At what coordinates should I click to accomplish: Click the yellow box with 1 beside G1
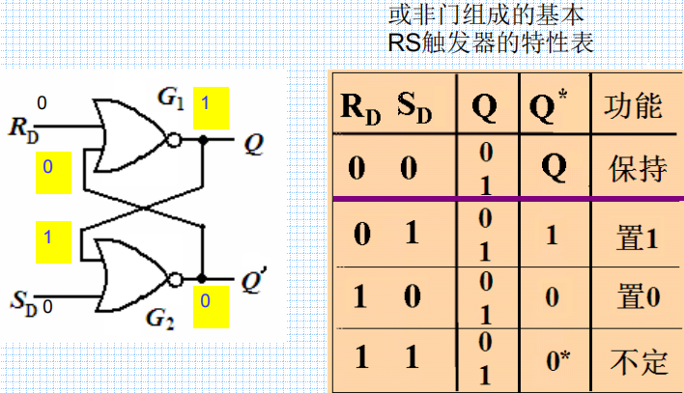pos(211,107)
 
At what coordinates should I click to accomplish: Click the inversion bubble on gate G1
pos(174,141)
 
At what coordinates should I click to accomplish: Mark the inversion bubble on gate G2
pos(174,278)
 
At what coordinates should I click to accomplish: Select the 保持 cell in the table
pos(637,170)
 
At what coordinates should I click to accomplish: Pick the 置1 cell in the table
pos(637,236)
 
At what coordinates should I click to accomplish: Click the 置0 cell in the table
pos(637,296)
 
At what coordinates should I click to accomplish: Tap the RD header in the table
pos(360,106)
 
